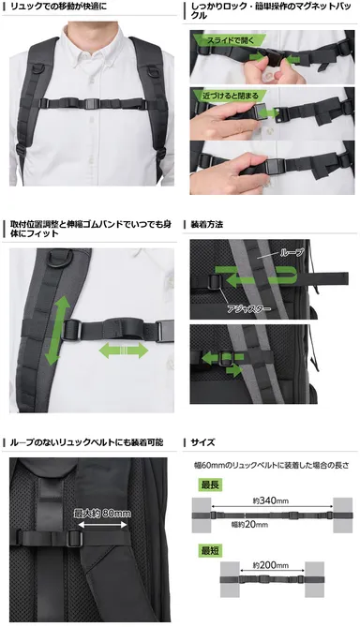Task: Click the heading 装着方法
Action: coord(207,225)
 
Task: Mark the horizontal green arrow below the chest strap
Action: coord(123,351)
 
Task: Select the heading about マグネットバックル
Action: coord(272,12)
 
